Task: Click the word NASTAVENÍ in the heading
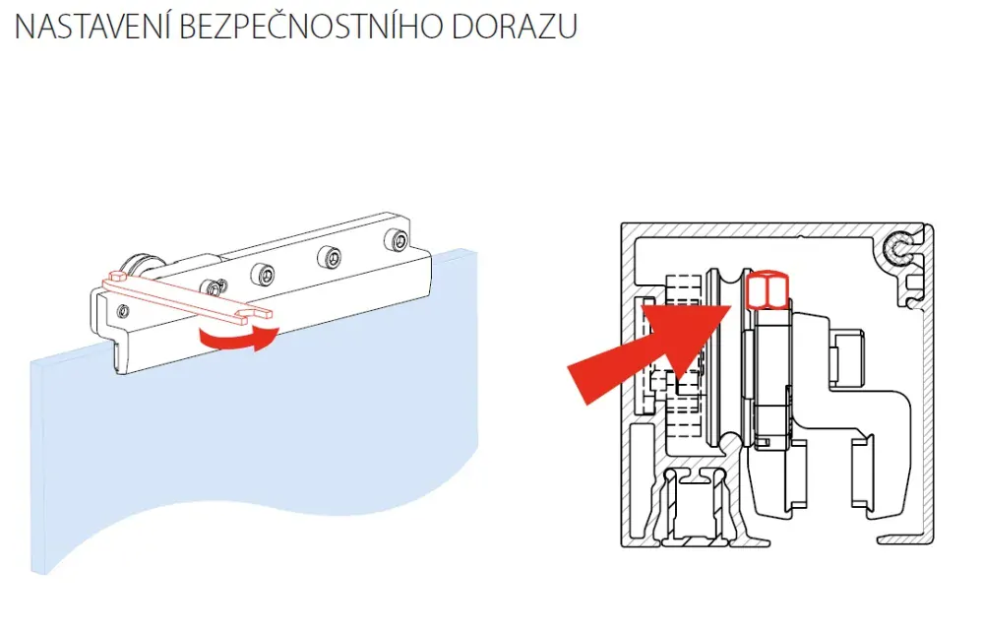(x=92, y=27)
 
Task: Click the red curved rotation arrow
(x=238, y=338)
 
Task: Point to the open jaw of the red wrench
(x=258, y=313)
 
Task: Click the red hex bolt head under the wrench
(x=119, y=277)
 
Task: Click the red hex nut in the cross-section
(x=767, y=290)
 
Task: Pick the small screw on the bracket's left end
(x=124, y=311)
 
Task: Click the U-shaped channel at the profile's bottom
(x=696, y=508)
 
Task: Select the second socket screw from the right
(x=329, y=257)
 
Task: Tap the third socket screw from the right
(x=263, y=274)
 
